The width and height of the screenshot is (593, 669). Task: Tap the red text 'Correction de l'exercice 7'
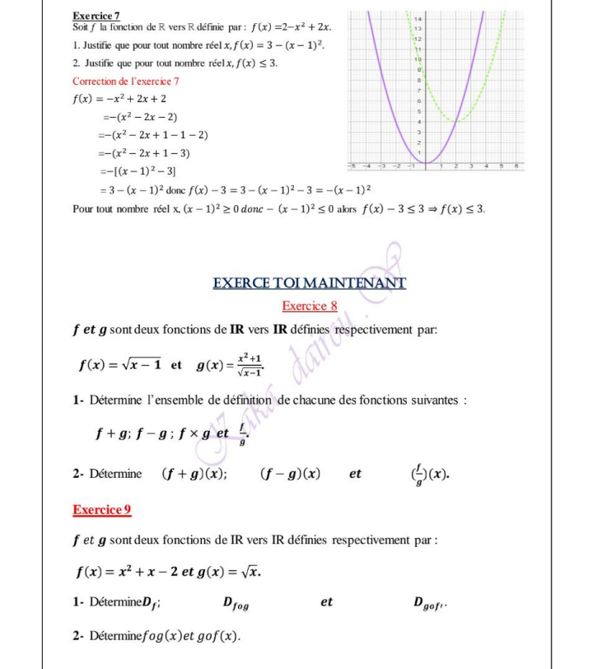point(125,81)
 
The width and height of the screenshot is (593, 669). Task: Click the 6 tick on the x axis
point(516,166)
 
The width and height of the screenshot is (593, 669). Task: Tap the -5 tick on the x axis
point(353,166)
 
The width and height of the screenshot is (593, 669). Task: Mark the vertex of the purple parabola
point(426,162)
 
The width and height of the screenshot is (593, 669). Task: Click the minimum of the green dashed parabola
point(458,121)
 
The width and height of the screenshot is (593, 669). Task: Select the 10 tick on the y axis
point(418,60)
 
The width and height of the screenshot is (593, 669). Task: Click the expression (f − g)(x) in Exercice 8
point(290,474)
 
